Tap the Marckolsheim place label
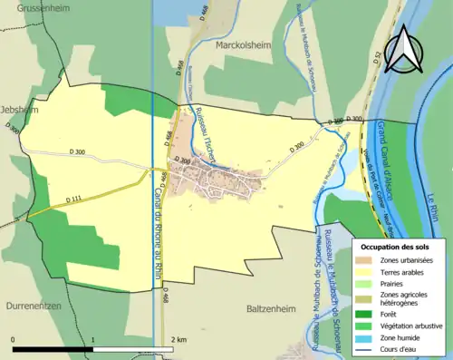(x=244, y=42)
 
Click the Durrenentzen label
(x=32, y=306)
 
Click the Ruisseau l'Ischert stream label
(x=207, y=138)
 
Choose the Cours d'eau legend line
(x=366, y=347)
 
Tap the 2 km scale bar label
(x=178, y=340)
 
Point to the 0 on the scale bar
(x=14, y=340)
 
